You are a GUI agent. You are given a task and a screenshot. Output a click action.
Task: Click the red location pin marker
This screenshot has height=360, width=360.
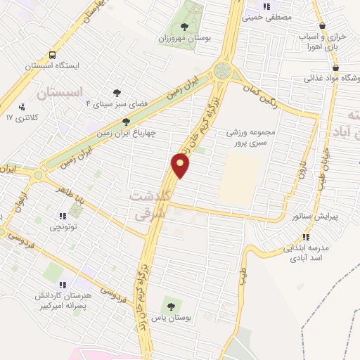pos(181,165)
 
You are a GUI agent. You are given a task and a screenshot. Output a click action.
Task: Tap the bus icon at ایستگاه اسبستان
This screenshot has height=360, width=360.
pos(53,56)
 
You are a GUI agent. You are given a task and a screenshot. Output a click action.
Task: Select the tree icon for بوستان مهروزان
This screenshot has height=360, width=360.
pos(184,27)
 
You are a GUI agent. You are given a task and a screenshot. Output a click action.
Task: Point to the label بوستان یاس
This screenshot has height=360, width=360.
pos(175,319)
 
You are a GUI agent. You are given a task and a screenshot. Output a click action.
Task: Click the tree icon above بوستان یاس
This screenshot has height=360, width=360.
pos(170,306)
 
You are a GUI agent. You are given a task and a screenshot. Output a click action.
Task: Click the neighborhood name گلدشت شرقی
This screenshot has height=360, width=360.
pos(150,207)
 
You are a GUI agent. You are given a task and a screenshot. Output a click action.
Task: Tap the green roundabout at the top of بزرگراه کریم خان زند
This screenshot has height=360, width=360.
pos(224,70)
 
